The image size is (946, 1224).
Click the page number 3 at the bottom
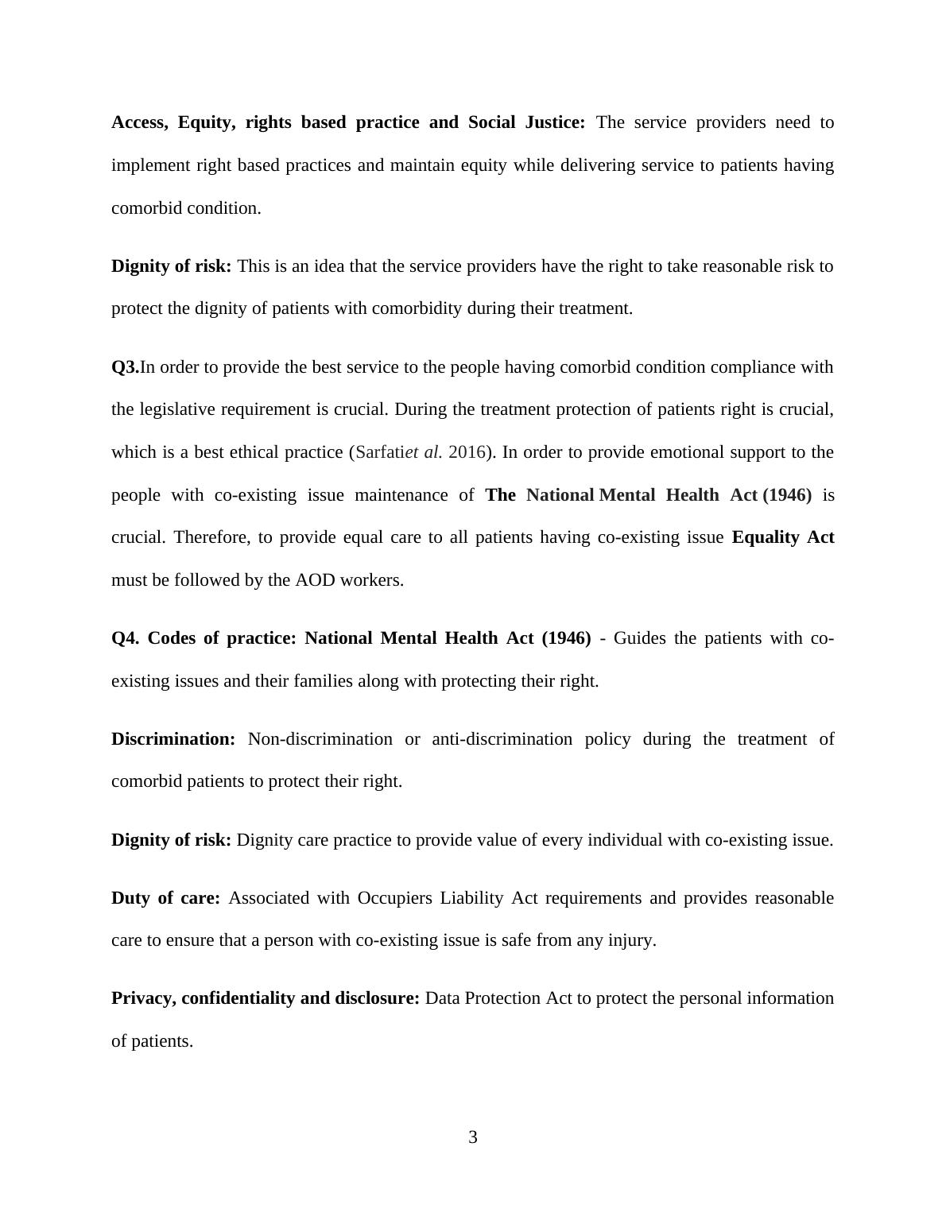coord(472,1137)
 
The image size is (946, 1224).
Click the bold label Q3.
coord(125,367)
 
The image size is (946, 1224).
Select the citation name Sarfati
coord(380,452)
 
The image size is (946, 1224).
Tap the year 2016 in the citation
coord(467,452)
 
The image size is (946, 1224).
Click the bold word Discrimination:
coord(173,739)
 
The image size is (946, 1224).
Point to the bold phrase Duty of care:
coord(165,898)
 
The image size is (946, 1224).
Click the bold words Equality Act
coord(782,537)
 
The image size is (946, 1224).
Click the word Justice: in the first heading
coord(554,122)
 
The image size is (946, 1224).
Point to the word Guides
coord(639,638)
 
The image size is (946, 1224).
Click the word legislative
coord(180,409)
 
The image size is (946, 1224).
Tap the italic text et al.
coord(424,452)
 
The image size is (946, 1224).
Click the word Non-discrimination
coord(320,739)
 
